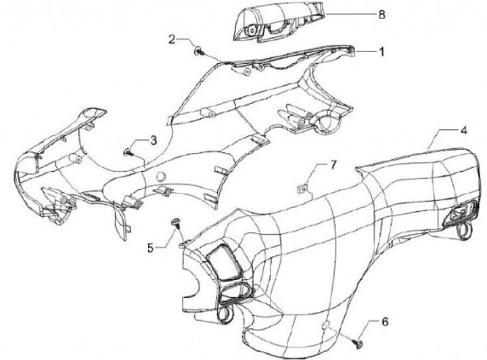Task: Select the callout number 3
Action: pos(154,140)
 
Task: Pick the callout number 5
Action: pos(151,247)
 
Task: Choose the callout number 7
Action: pos(332,164)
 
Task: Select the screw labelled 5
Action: pos(177,223)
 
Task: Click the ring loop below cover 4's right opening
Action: pos(461,231)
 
